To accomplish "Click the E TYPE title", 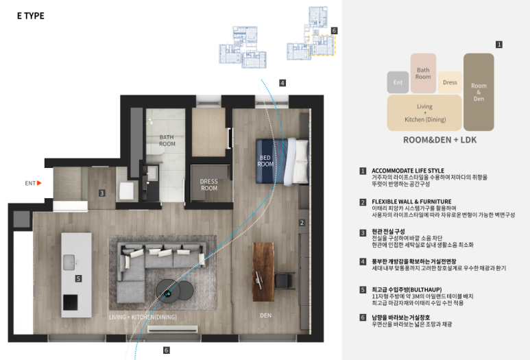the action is [x=31, y=16].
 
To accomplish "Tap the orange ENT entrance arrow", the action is [x=39, y=183].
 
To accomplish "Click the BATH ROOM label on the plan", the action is [x=167, y=141].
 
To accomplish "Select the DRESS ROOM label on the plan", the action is [x=209, y=185].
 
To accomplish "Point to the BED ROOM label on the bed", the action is [x=265, y=161].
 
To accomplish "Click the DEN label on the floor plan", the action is [x=265, y=315].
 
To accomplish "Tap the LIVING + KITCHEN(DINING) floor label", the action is [x=143, y=317].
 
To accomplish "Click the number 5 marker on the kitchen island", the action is [x=78, y=278].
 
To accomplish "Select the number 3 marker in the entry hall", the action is [x=101, y=193].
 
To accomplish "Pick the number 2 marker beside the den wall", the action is [x=302, y=222].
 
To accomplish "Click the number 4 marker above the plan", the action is [x=282, y=83].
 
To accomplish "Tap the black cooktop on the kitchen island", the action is [x=71, y=302].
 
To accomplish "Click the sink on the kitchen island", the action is [x=69, y=263].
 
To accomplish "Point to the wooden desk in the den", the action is [x=263, y=272].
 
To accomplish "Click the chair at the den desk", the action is [x=284, y=280].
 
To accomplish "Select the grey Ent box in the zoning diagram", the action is [x=398, y=82].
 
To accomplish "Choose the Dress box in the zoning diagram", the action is [x=450, y=82].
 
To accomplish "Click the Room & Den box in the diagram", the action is [x=479, y=92].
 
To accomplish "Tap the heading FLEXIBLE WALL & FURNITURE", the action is [x=411, y=202].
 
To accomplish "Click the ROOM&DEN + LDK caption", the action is [x=439, y=140].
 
